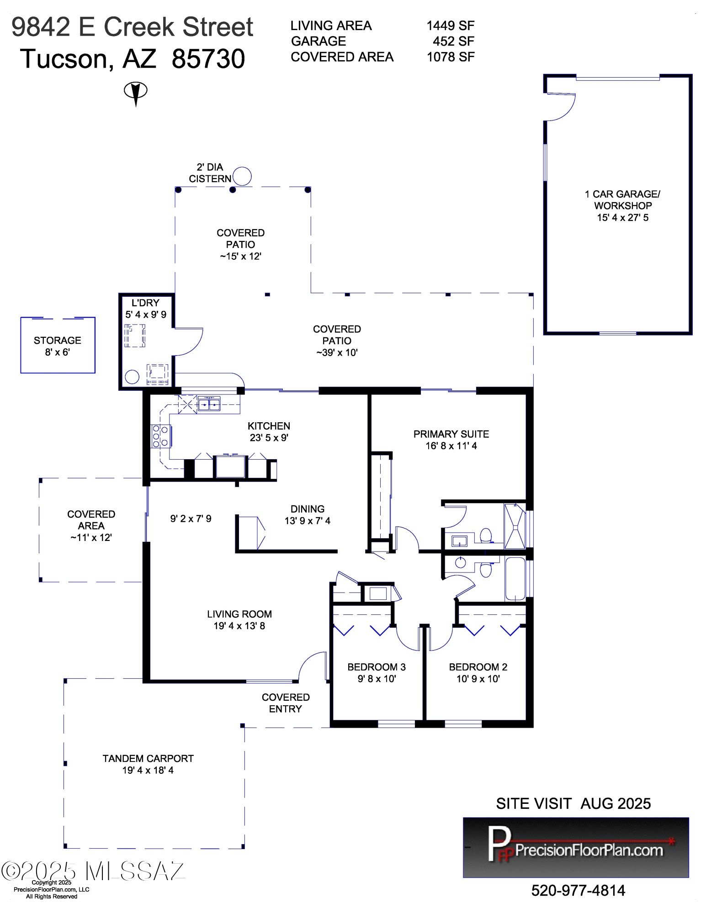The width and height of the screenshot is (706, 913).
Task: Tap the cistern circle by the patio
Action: point(242,176)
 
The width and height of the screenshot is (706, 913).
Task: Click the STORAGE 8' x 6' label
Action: point(58,346)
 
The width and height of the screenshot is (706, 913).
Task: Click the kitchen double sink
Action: point(209,404)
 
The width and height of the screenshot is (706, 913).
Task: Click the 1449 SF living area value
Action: point(451,26)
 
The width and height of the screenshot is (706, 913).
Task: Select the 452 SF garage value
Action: point(453,41)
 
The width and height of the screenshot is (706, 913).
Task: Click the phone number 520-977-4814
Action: point(578,890)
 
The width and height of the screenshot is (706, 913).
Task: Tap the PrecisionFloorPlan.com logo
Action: point(576,847)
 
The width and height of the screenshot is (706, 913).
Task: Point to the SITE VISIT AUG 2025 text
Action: point(573,803)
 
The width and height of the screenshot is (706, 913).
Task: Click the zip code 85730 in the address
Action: point(208,59)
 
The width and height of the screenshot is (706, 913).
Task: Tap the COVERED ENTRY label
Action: point(286,703)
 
